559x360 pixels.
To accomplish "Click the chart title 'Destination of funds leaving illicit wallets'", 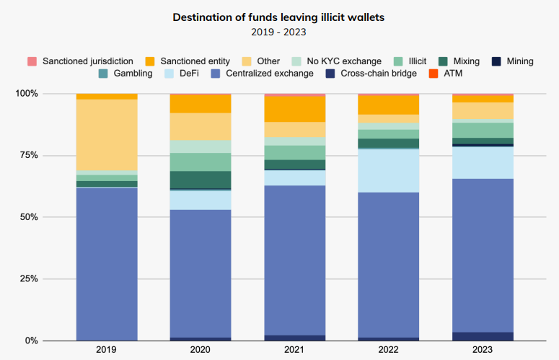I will pos(279,17).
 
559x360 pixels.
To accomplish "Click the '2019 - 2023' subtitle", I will pos(279,32).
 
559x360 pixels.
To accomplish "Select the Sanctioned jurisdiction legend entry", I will pos(80,61).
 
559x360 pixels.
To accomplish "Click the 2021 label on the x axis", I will pos(294,350).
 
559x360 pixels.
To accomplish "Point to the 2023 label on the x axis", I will pos(483,350).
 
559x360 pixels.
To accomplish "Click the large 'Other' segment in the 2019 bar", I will pos(107,134).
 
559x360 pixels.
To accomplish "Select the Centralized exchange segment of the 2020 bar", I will pos(201,273).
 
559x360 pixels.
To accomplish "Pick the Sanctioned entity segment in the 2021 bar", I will pos(294,109).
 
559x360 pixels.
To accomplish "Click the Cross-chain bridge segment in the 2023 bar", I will pos(483,336).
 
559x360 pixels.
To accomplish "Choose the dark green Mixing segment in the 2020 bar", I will pos(201,180).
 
